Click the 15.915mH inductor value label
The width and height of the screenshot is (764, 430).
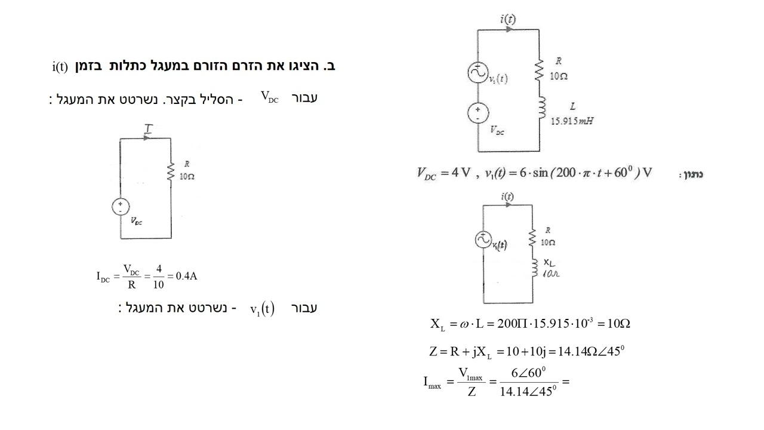(572, 121)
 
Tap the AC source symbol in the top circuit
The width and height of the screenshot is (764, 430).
(478, 73)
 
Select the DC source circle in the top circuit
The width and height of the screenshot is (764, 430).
(478, 113)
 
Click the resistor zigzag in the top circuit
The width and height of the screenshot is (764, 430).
(539, 70)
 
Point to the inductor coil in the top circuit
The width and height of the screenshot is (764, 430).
(541, 107)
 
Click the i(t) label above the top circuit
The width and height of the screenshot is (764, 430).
(508, 19)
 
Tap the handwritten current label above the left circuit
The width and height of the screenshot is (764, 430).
(148, 128)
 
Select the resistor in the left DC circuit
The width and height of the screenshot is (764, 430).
(171, 171)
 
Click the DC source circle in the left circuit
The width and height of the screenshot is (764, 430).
(121, 207)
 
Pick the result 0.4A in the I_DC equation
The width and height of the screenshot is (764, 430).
(186, 276)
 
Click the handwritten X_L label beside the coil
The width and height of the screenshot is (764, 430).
(549, 263)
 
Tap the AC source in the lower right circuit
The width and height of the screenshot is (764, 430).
(483, 239)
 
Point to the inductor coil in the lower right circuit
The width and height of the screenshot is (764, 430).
(534, 268)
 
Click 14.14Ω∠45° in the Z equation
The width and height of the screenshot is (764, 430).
(591, 351)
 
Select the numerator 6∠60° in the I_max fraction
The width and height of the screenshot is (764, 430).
(528, 373)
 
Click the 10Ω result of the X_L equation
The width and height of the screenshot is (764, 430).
(618, 323)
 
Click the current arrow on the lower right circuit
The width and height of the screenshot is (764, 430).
(508, 205)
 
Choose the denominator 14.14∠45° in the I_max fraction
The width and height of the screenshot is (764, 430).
(528, 391)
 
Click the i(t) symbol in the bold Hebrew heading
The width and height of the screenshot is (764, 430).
(60, 66)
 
